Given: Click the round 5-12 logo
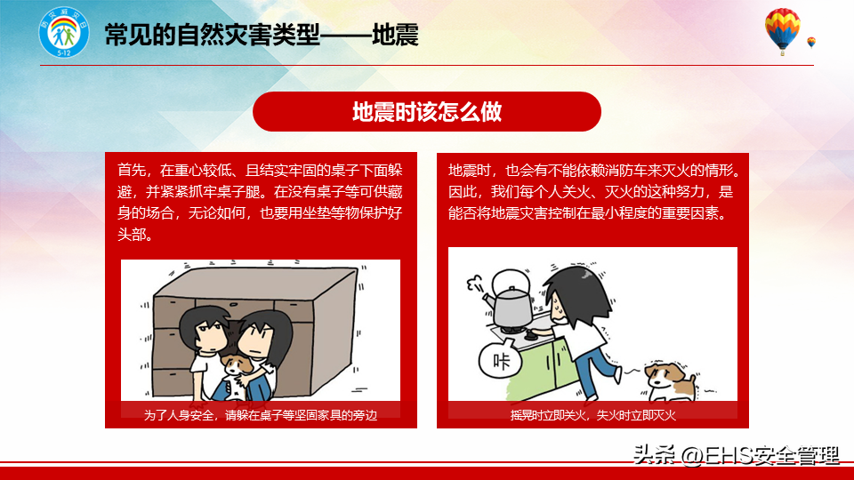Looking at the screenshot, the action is pos(64,33).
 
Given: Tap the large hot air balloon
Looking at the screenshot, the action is pos(782,30).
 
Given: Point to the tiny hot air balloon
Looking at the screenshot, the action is pos(811,43).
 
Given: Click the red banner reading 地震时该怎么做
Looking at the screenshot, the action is pos(426,112).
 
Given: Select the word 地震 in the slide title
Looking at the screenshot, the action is pos(395,36).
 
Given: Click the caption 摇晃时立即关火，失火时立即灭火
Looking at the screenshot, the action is pos(592,415).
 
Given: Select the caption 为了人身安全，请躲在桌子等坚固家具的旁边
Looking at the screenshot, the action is pos(261,415).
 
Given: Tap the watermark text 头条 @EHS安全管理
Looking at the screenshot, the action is pos(736,455).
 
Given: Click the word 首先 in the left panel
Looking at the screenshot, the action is pos(132,171).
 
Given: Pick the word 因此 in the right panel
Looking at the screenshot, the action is pos(463,192).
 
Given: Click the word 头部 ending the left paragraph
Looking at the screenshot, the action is pos(132,235).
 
